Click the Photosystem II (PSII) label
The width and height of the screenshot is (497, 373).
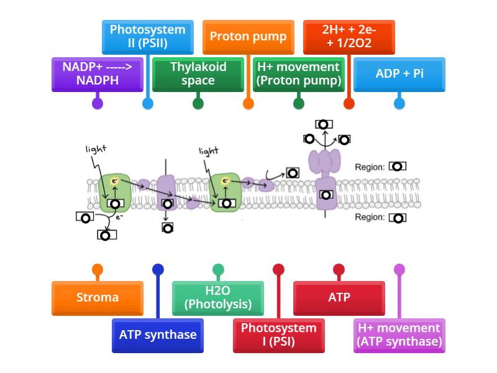(x=147, y=37)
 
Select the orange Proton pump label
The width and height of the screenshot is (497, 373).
(x=248, y=37)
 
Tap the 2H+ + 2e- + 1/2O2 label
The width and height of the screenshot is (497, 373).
(x=349, y=37)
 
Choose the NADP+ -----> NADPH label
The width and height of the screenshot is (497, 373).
(x=97, y=74)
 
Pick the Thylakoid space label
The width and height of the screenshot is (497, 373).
(x=198, y=74)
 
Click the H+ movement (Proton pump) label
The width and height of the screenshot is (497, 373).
(x=299, y=74)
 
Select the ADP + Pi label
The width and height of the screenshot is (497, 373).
(x=399, y=74)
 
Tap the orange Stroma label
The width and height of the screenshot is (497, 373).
(x=98, y=298)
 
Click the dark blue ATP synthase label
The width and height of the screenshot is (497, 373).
(x=158, y=335)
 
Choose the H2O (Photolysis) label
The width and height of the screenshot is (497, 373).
(x=218, y=298)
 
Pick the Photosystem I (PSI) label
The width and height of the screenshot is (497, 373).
(x=278, y=335)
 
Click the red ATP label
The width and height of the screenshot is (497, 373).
(x=339, y=298)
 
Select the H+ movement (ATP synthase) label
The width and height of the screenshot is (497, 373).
(x=399, y=335)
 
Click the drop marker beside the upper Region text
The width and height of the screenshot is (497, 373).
(x=398, y=167)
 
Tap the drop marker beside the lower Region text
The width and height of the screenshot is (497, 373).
(x=398, y=218)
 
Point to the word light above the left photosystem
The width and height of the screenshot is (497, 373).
(x=96, y=149)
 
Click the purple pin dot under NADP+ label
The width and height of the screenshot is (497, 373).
(x=97, y=104)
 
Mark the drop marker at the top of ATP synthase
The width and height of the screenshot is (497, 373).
(x=324, y=124)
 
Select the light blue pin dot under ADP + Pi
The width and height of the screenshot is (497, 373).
(x=399, y=104)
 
